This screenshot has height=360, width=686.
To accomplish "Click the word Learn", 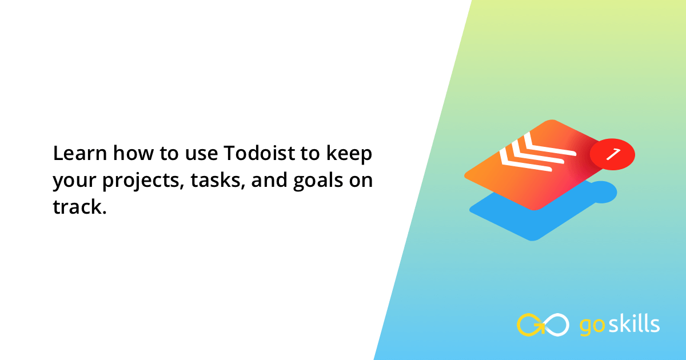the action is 80,153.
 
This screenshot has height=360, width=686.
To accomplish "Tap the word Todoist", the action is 260,153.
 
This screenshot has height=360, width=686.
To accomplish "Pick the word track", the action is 78,207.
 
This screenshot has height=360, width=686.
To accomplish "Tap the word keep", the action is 349,154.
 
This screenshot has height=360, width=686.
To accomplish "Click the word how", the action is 133,153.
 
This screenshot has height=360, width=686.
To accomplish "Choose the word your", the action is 74,182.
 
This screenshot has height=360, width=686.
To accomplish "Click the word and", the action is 269,179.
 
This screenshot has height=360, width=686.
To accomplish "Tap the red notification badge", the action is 612,154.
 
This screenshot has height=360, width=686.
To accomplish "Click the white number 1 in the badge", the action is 613,154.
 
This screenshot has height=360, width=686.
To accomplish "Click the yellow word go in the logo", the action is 592,326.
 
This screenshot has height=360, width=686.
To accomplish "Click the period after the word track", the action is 105,212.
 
